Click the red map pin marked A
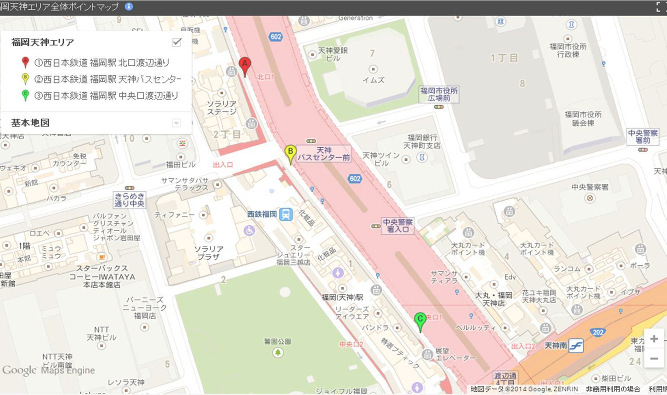point(245,65)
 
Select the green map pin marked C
point(420,320)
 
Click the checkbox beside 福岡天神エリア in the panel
point(176,42)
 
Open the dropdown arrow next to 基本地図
point(176,123)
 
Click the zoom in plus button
point(654,339)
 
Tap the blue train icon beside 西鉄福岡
point(286,214)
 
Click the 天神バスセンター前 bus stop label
point(324,154)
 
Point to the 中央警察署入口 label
point(397,225)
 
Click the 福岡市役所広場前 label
point(439,94)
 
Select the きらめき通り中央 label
point(129,200)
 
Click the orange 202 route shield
point(598,332)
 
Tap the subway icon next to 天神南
point(576,346)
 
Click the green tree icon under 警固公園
point(278,352)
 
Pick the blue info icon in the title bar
point(129,7)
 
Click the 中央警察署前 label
point(643,136)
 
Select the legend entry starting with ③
point(106,96)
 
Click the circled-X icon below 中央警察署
point(590,198)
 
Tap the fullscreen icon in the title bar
point(658,7)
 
